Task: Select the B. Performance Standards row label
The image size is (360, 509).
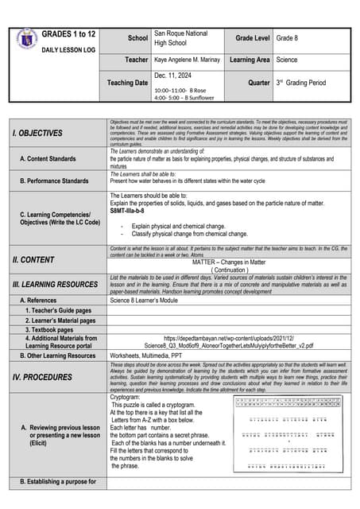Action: click(x=54, y=181)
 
